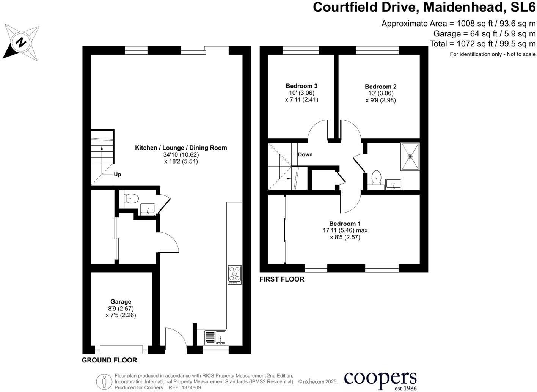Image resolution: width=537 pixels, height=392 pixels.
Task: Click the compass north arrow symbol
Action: tap(21, 42)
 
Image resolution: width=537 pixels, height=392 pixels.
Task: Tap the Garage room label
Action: tap(121, 302)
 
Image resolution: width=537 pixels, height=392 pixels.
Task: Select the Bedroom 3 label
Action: tap(301, 86)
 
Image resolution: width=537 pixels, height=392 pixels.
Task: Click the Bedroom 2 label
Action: tap(380, 87)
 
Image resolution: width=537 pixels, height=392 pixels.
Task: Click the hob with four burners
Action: tap(234, 275)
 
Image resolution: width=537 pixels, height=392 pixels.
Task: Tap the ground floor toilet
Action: tap(131, 198)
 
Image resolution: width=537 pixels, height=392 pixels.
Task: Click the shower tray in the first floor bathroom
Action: tap(410, 156)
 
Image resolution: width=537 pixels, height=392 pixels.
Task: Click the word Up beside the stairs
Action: tap(118, 175)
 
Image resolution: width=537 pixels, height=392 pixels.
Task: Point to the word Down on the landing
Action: tap(305, 154)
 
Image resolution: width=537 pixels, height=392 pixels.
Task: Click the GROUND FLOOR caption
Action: tap(109, 360)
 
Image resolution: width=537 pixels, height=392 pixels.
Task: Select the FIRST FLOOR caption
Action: tap(282, 279)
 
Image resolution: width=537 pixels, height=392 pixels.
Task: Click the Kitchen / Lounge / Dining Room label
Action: tap(181, 148)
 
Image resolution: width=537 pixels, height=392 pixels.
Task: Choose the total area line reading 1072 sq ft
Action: tap(482, 44)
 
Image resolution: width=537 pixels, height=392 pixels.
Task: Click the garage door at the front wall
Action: tap(121, 349)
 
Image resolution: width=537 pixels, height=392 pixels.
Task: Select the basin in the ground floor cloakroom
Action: tap(147, 209)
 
